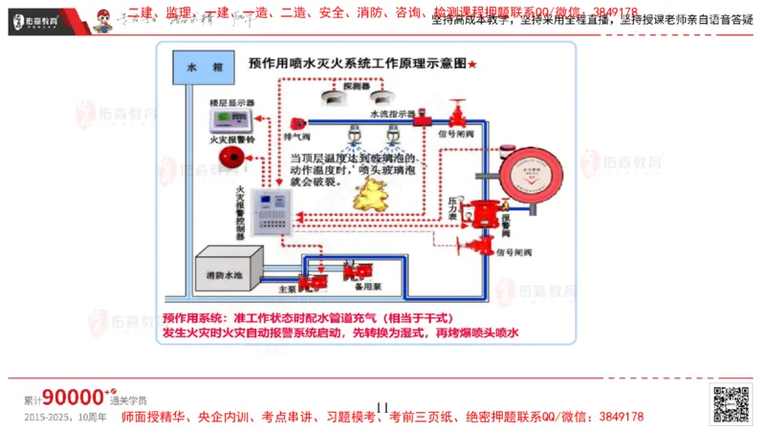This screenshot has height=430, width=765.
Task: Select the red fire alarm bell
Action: click(229, 159)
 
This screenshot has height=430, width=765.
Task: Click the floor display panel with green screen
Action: click(231, 119)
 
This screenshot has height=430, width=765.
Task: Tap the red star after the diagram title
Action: click(472, 63)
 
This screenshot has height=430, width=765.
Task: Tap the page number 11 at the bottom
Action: click(383, 408)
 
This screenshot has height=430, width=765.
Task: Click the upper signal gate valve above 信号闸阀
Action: click(457, 118)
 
